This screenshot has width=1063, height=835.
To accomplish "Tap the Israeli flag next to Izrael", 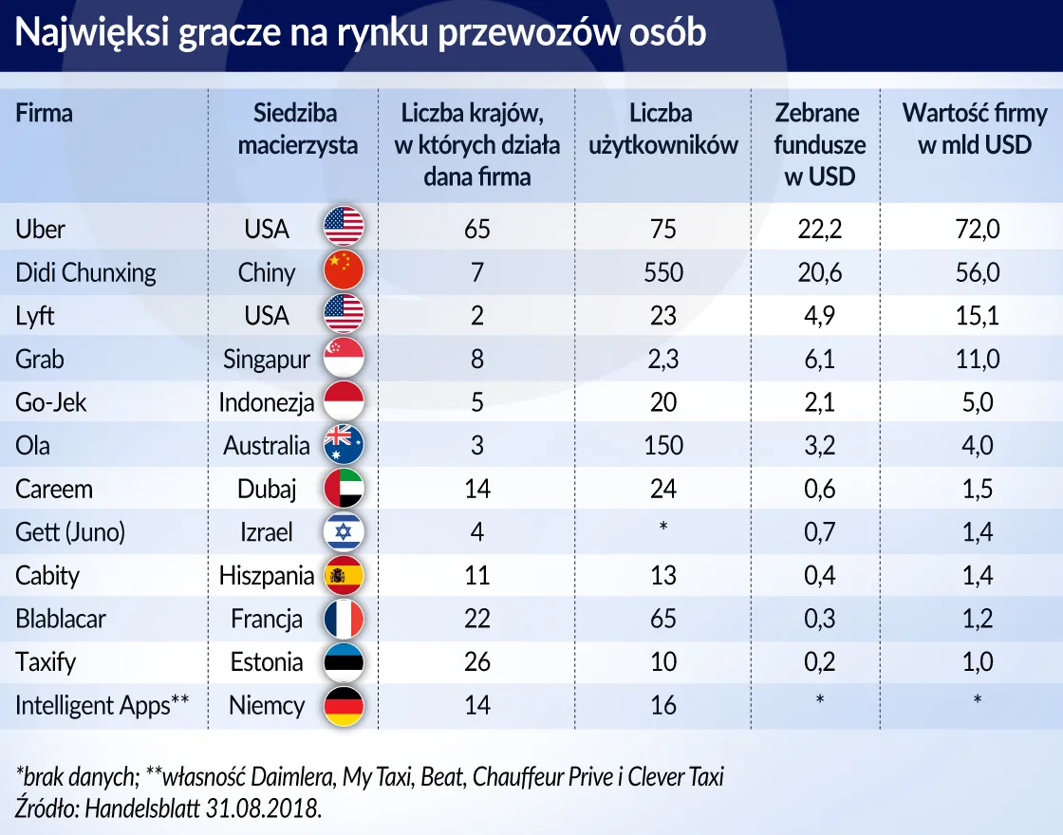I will [344, 531].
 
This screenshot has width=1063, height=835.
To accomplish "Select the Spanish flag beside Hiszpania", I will [344, 575].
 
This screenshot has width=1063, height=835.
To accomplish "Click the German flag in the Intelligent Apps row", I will [344, 706].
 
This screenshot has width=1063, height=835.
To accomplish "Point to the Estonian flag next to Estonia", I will [344, 662].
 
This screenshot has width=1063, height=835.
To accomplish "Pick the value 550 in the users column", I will [662, 272].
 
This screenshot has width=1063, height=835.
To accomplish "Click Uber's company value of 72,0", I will [978, 229].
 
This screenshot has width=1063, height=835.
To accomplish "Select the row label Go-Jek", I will [51, 402].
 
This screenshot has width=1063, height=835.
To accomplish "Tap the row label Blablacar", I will [61, 619].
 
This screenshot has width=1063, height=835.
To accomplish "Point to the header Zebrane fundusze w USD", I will [819, 144].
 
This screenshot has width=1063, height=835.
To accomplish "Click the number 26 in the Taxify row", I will [476, 662].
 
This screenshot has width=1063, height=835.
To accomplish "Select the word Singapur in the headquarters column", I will [267, 360].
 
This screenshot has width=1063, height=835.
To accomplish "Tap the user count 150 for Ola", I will [662, 445].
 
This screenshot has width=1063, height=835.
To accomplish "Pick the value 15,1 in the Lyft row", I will [977, 315].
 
